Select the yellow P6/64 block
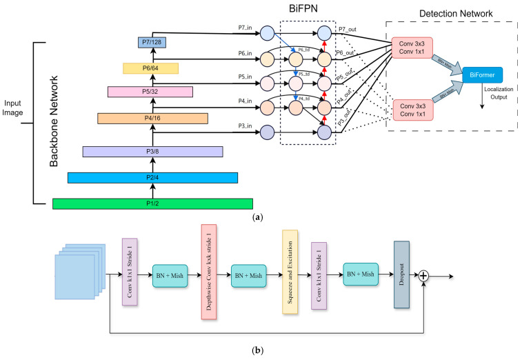tap(151, 68)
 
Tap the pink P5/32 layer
tap(151, 91)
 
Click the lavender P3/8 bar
tap(152, 151)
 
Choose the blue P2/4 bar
tap(152, 178)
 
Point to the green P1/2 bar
tap(152, 203)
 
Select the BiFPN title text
tap(308, 10)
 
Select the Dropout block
tap(402, 273)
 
